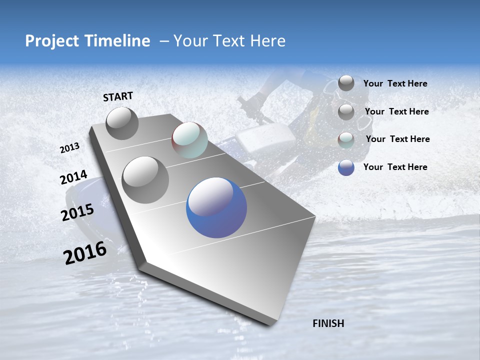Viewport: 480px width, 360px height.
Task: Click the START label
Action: (118, 96)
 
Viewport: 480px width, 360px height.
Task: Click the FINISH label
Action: (328, 323)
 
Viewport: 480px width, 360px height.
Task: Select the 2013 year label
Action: (69, 147)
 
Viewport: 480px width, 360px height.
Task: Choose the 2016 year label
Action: (85, 253)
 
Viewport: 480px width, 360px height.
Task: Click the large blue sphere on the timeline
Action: (216, 207)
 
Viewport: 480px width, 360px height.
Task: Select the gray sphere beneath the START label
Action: (122, 123)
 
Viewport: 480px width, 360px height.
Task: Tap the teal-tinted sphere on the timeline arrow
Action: (189, 140)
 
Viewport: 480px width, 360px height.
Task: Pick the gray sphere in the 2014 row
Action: (145, 179)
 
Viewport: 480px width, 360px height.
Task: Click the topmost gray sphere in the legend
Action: (346, 83)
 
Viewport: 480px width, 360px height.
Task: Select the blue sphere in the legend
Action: (346, 167)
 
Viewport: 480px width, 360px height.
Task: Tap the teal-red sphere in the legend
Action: (346, 140)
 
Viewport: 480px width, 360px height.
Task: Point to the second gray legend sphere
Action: (346, 112)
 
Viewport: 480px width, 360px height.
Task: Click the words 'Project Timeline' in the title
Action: (87, 41)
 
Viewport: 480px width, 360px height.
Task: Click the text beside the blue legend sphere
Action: (395, 167)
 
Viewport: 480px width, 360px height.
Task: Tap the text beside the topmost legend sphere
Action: (395, 83)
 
